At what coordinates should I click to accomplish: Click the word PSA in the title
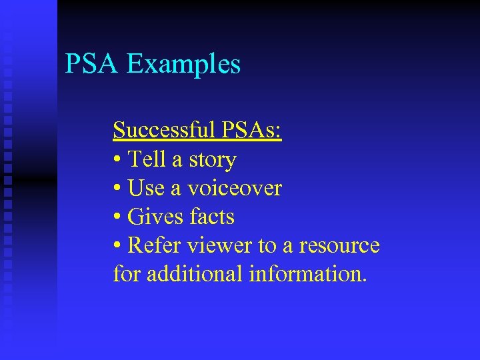tap(92, 64)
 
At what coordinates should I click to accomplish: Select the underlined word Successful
tap(162, 131)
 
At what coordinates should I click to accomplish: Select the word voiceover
tap(234, 189)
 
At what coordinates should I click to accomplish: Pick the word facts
tap(211, 217)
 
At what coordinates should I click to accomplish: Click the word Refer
tap(153, 245)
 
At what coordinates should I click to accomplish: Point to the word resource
tap(339, 245)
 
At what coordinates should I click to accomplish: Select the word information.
tap(307, 273)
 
